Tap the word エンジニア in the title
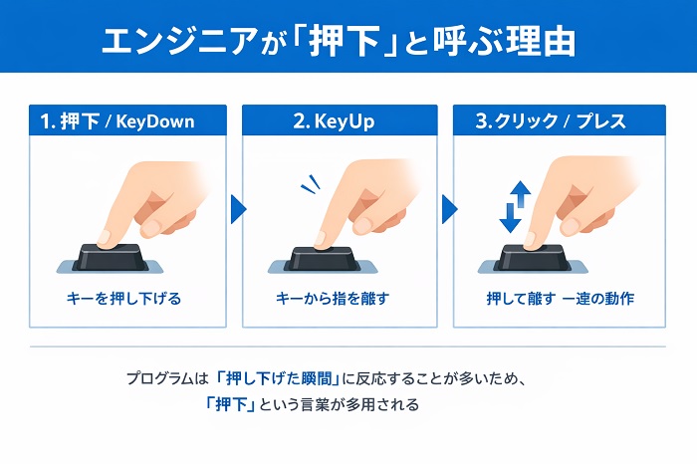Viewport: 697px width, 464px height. pos(179,41)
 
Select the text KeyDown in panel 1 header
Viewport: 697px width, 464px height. pos(155,121)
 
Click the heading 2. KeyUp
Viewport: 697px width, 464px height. pos(334,121)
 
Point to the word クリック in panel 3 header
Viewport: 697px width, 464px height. pos(526,121)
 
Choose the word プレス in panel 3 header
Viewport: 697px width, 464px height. pos(601,121)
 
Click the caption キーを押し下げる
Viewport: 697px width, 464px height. pos(124,299)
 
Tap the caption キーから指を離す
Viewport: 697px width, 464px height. pos(333,299)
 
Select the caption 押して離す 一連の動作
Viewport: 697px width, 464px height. pos(560,299)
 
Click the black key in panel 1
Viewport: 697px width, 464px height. pos(111,257)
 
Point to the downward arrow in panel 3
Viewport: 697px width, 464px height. pos(510,218)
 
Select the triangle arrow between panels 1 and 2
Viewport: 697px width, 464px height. pos(238,209)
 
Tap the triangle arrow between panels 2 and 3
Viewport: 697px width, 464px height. pos(450,209)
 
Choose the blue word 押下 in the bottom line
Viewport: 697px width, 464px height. pos(231,405)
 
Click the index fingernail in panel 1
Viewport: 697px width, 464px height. pos(106,237)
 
